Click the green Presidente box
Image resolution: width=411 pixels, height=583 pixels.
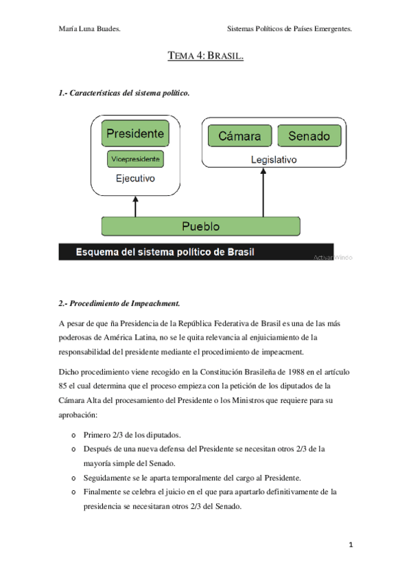(135, 133)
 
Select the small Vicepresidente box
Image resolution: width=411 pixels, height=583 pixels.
(135, 159)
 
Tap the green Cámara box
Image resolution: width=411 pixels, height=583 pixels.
(239, 135)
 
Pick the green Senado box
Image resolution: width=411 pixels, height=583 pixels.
(308, 135)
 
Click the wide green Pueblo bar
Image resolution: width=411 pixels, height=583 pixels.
(200, 225)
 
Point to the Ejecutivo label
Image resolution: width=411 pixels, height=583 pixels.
(135, 178)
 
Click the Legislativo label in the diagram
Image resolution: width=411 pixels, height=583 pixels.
(273, 159)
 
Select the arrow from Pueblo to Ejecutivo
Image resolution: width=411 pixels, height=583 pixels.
(135, 204)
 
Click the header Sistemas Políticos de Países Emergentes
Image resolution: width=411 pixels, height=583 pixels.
(289, 29)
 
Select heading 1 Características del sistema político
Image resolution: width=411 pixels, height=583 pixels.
(124, 92)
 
